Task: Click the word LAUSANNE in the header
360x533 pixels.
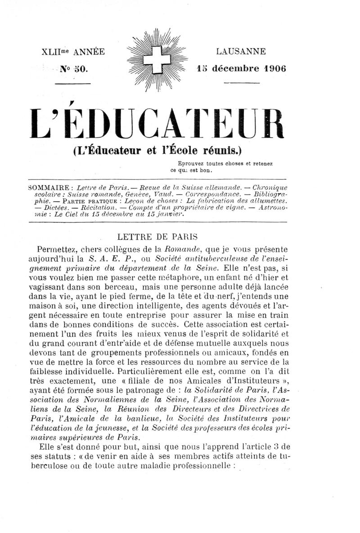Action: pos(241,52)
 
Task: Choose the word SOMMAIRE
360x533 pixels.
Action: pos(49,187)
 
